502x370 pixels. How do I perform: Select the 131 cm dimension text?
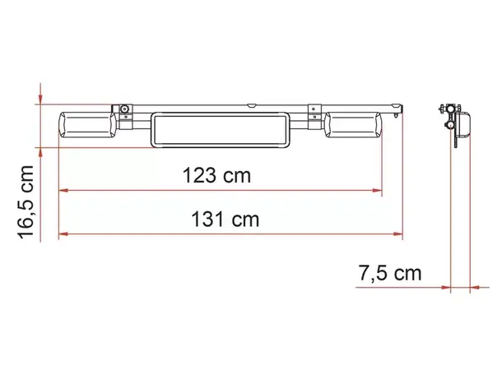(224, 220)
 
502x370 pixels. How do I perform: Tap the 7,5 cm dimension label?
(389, 274)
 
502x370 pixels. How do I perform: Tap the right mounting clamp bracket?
(314, 113)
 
